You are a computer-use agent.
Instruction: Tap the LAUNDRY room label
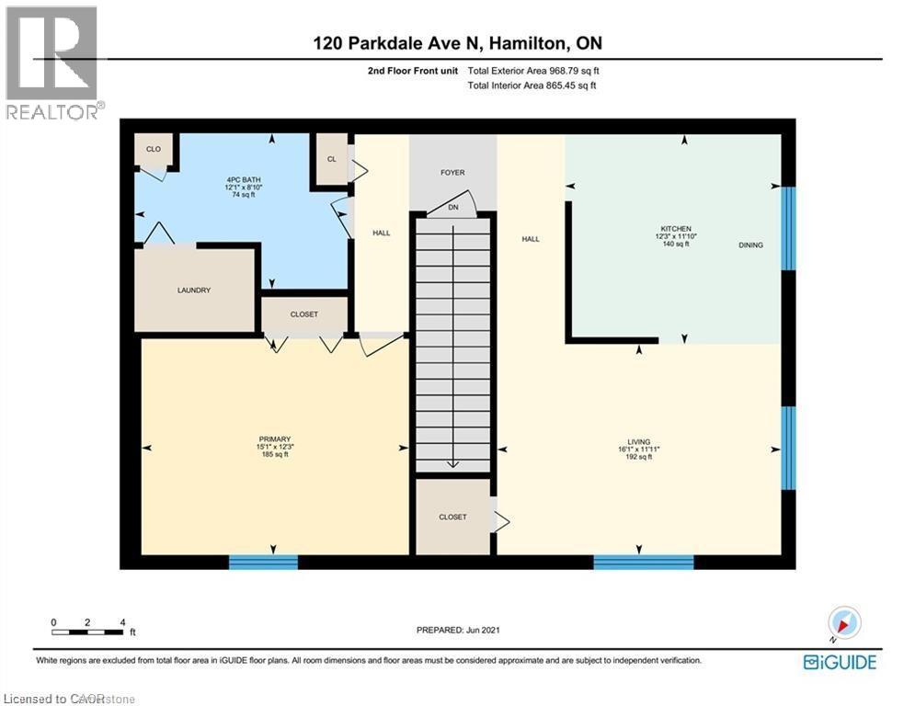pyautogui.click(x=194, y=290)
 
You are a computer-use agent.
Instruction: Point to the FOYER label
pyautogui.click(x=452, y=173)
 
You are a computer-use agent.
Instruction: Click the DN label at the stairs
pyautogui.click(x=452, y=208)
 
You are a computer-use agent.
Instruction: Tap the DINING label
pyautogui.click(x=750, y=245)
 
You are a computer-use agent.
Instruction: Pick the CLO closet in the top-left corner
pyautogui.click(x=153, y=148)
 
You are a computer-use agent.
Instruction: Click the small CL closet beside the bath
pyautogui.click(x=331, y=158)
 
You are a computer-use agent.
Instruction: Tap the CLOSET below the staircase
pyautogui.click(x=452, y=517)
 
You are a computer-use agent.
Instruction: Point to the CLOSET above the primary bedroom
pyautogui.click(x=303, y=314)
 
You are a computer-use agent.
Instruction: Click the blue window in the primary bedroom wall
pyautogui.click(x=263, y=562)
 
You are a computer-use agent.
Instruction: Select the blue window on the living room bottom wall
pyautogui.click(x=643, y=562)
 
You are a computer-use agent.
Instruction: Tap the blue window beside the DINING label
pyautogui.click(x=788, y=228)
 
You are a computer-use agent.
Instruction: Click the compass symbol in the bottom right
pyautogui.click(x=843, y=624)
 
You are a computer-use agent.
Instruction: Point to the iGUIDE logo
pyautogui.click(x=840, y=662)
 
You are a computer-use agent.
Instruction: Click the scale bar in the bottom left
pyautogui.click(x=88, y=631)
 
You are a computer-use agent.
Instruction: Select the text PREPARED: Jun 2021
pyautogui.click(x=457, y=630)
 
